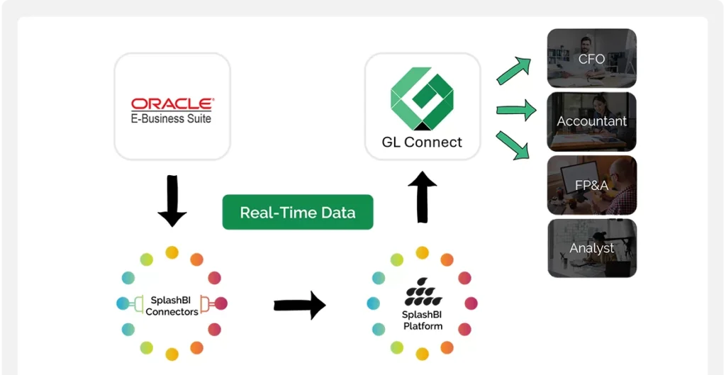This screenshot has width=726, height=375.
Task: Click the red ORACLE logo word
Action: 172,104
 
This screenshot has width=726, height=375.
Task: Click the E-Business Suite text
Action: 172,118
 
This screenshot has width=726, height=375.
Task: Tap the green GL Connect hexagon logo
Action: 422,99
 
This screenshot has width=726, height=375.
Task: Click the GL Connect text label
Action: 422,142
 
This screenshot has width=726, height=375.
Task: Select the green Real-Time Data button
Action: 298,212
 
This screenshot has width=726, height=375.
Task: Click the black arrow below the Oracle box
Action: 172,201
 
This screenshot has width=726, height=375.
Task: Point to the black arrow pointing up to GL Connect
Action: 423,196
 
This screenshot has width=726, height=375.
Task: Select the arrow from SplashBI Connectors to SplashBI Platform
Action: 299,306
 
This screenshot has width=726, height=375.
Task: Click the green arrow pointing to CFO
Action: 513,71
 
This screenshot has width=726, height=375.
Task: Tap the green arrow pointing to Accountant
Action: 515,110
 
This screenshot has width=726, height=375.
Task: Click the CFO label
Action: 591,59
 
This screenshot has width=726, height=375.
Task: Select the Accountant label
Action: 591,121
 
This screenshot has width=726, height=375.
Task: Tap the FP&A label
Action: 591,186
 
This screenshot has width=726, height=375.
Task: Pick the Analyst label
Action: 591,248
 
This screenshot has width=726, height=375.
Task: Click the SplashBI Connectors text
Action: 172,306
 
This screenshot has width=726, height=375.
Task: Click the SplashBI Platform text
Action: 423,320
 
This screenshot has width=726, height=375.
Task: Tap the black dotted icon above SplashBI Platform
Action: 423,292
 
